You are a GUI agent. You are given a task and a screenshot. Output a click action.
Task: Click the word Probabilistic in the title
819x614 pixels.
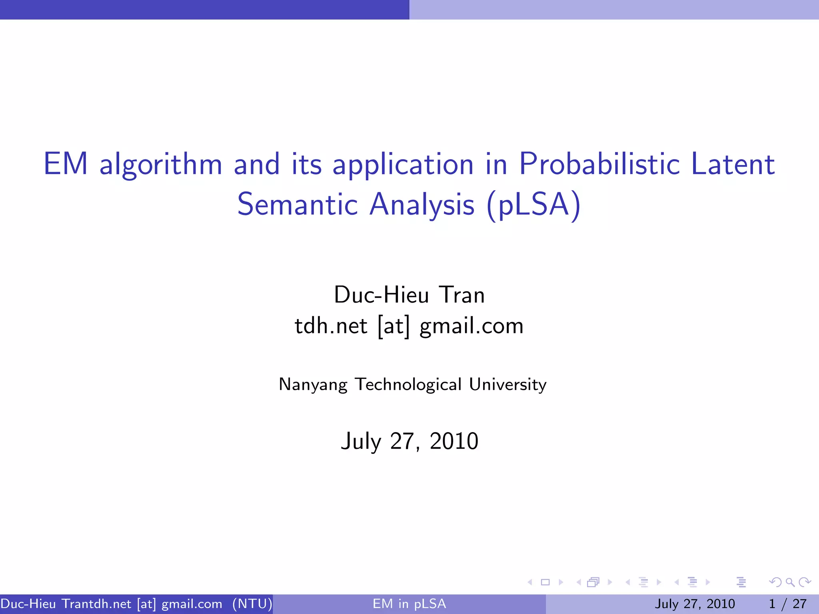[x=599, y=164]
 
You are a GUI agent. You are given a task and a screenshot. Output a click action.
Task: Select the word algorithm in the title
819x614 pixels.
[x=160, y=165]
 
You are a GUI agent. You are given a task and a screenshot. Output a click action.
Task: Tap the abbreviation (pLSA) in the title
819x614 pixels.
[x=533, y=205]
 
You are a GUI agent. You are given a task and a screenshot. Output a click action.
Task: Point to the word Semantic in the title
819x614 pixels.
[x=297, y=205]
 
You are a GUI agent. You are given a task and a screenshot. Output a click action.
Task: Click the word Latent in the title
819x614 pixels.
[x=733, y=164]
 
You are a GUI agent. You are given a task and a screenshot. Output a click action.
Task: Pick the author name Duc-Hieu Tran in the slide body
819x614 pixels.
[x=409, y=295]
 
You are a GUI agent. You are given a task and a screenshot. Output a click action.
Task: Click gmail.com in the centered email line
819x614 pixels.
[x=471, y=326]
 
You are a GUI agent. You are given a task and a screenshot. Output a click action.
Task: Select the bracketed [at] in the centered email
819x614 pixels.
[x=394, y=326]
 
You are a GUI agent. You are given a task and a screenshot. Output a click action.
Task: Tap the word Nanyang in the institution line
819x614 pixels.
[x=313, y=385]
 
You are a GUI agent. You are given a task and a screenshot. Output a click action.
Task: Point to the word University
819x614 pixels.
[x=507, y=385]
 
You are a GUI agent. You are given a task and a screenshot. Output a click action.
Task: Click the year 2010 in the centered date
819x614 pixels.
[x=454, y=441]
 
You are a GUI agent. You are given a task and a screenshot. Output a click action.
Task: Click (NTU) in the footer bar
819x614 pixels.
[x=252, y=604]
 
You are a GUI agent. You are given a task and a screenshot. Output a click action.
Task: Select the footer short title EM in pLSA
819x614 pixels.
[x=409, y=604]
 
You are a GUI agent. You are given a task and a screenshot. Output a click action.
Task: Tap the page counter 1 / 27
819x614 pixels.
[x=787, y=604]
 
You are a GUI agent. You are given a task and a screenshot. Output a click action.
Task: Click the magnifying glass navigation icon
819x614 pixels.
[x=790, y=582]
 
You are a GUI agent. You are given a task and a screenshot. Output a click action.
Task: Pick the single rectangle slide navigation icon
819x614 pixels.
[x=545, y=582]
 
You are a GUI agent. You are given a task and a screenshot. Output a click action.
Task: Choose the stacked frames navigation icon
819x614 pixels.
[x=593, y=582]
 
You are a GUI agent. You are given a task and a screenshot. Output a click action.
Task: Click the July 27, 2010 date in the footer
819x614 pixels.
[x=695, y=604]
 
